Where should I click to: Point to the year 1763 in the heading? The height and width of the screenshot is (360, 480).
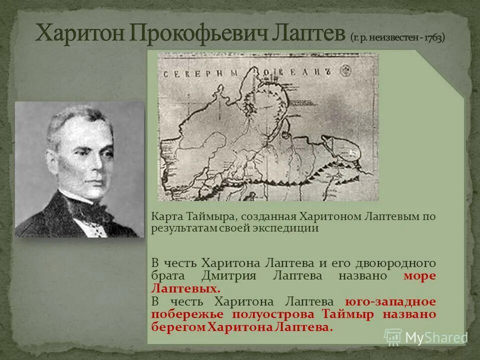click(433, 37)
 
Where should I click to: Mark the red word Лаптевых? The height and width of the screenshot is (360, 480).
click(185, 289)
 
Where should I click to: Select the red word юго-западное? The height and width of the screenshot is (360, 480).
click(390, 301)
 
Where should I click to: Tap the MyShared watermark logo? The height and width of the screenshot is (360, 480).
click(425, 336)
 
